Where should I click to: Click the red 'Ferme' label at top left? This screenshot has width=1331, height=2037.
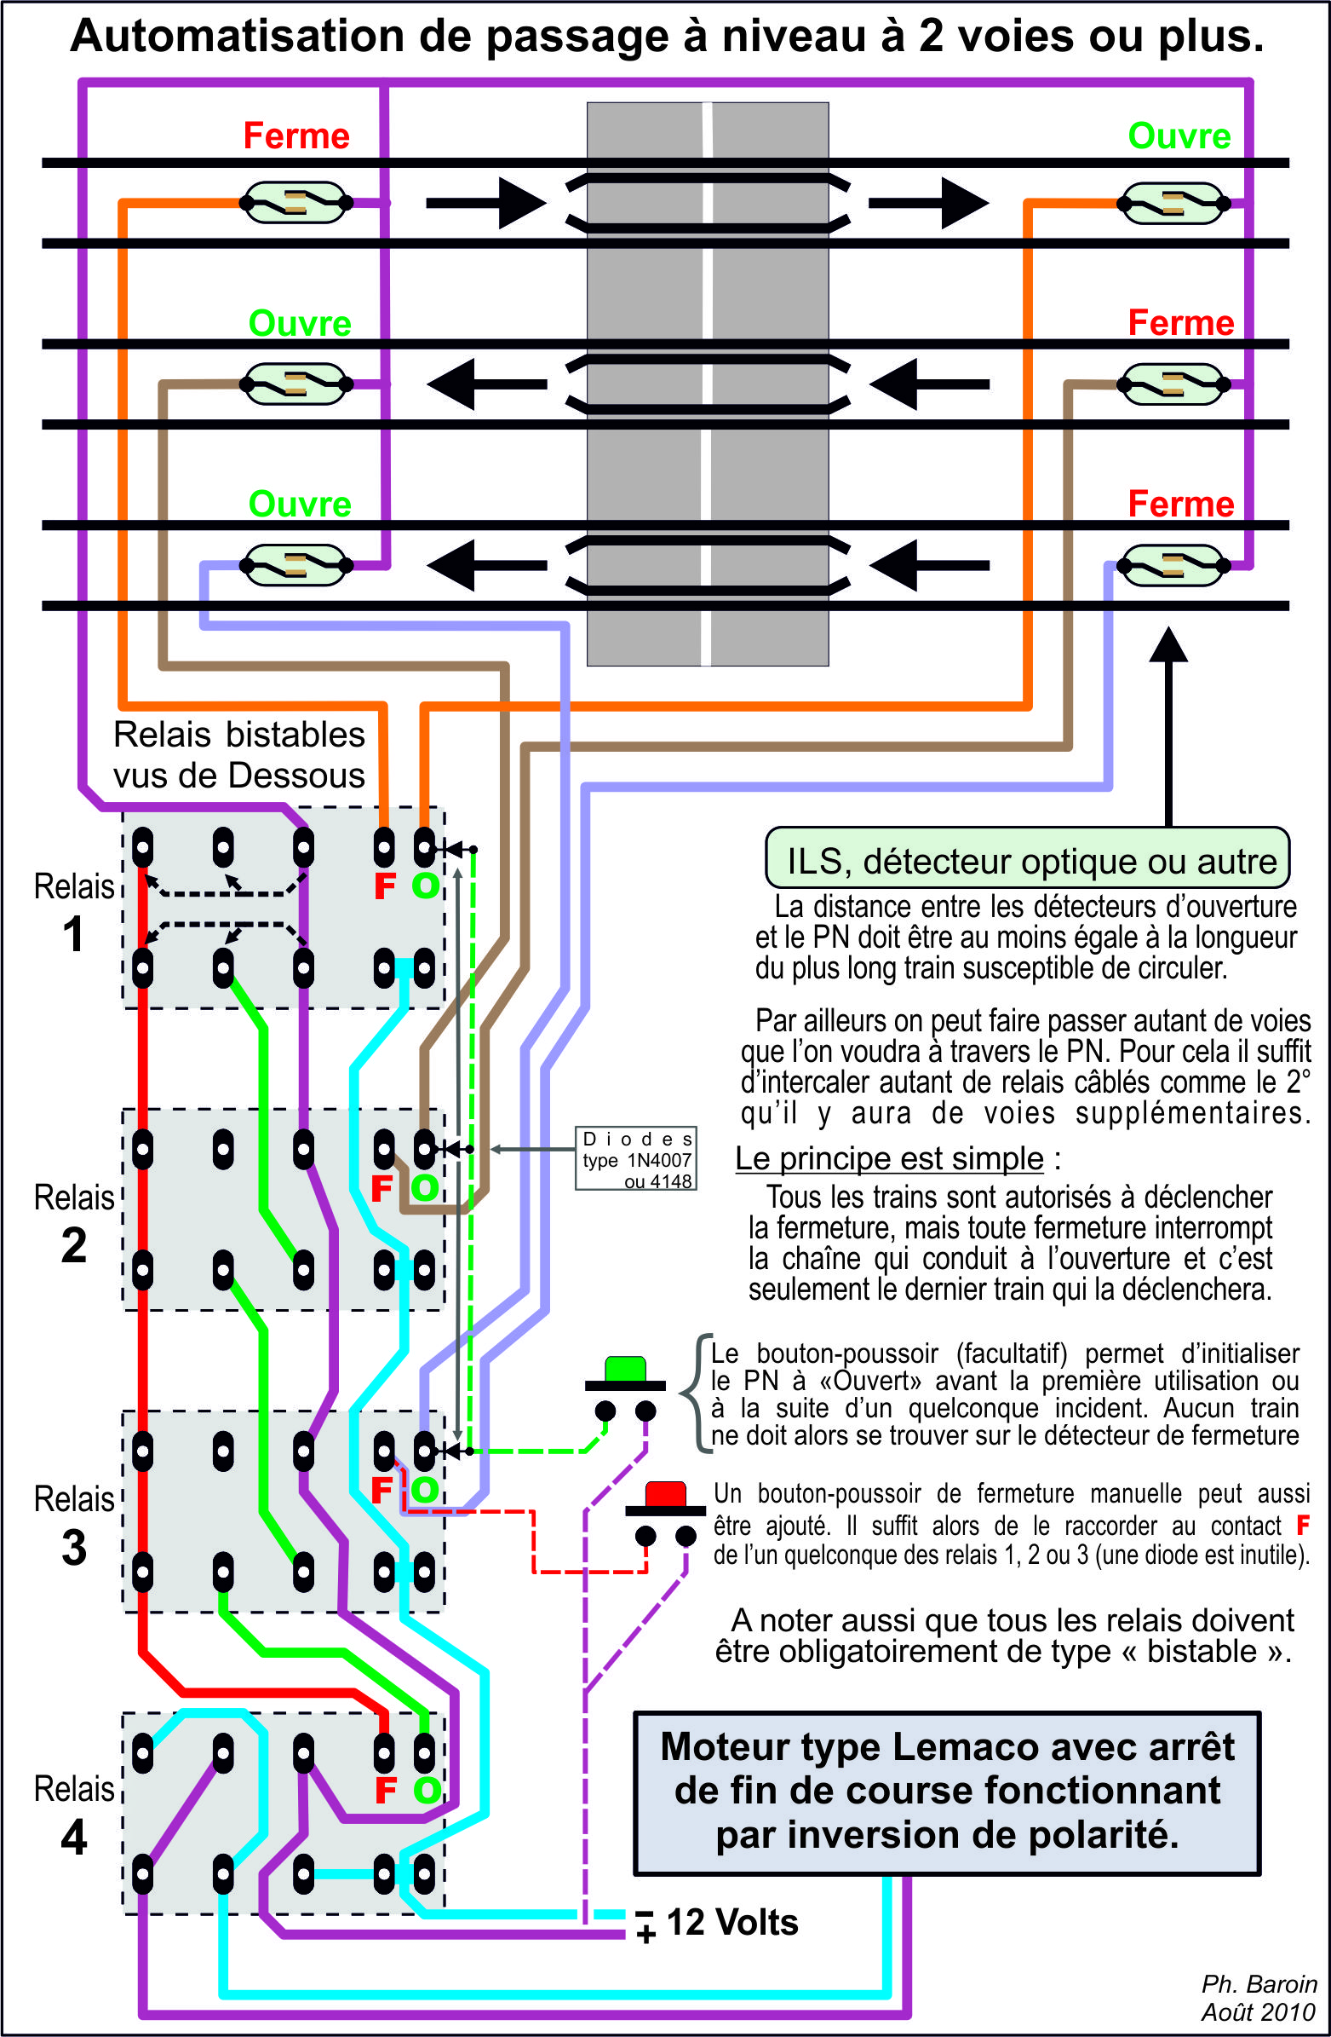pos(296,136)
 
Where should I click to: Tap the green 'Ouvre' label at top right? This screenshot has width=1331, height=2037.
pos(1179,136)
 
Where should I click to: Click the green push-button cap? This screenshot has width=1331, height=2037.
pos(625,1368)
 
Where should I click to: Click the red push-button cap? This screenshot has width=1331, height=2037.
pos(666,1494)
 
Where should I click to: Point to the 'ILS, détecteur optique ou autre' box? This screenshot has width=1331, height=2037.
pos(1026,858)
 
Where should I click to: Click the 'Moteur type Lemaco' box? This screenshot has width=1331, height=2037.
pos(947,1791)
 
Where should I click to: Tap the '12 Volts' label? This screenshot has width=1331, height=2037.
pos(731,1922)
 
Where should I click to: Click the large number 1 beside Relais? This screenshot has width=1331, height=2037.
pos(73,934)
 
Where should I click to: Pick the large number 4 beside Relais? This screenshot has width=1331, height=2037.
pos(73,1837)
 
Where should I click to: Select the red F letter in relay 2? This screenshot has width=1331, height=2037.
pos(382,1188)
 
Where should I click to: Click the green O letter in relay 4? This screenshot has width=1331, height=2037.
pos(426,1790)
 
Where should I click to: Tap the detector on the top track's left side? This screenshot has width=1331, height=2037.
pos(295,203)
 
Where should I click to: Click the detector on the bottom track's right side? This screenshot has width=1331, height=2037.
pos(1173,566)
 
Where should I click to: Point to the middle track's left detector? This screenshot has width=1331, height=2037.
pos(295,384)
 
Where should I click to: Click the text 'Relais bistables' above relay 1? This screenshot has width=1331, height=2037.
pos(238,735)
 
